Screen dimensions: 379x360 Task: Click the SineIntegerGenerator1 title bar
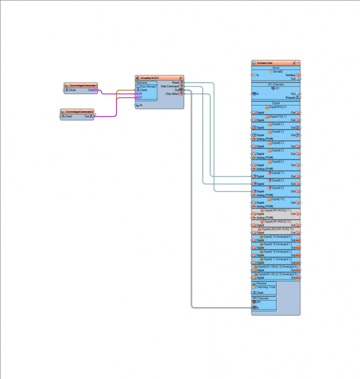point(80,85)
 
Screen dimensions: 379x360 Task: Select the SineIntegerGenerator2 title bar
point(78,111)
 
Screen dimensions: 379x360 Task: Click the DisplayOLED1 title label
point(150,78)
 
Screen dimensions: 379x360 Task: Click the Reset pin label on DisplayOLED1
point(175,82)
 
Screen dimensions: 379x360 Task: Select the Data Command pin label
point(169,86)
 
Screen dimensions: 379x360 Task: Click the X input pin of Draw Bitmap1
point(141,93)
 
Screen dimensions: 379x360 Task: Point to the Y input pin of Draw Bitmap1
point(141,97)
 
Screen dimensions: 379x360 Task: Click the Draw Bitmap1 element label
point(148,86)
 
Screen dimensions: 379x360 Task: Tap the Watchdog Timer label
point(266,287)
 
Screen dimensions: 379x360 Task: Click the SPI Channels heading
point(261,298)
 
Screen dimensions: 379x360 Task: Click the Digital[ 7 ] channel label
point(278,172)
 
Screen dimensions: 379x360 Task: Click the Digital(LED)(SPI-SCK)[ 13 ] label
point(278,229)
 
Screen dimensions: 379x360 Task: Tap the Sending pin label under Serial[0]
point(290,75)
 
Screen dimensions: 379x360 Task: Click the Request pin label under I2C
point(290,97)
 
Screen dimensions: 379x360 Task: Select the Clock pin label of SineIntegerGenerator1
point(72,90)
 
